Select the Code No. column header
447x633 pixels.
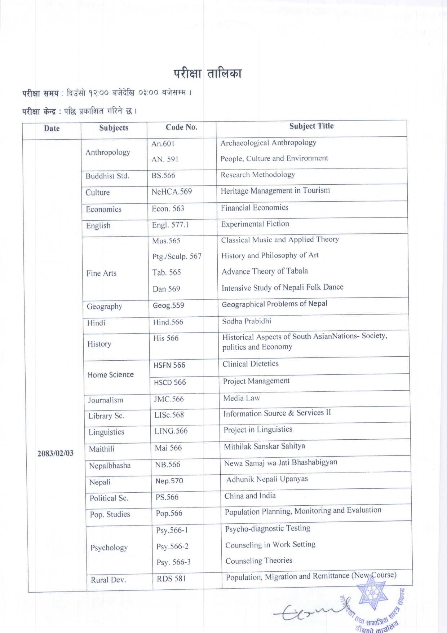pyautogui.click(x=181, y=127)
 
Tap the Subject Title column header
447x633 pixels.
pyautogui.click(x=311, y=126)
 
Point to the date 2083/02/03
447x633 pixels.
pyautogui.click(x=55, y=453)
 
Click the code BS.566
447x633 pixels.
pyautogui.click(x=163, y=176)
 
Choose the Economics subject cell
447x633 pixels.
pyautogui.click(x=103, y=209)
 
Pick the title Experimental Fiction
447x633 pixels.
pyautogui.click(x=255, y=224)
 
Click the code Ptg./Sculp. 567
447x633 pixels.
pyautogui.click(x=177, y=256)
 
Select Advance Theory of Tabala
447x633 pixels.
pyautogui.click(x=265, y=271)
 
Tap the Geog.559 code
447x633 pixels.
pyautogui.click(x=168, y=305)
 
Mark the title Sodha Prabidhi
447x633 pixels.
pyautogui.click(x=247, y=321)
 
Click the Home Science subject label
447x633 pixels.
pyautogui.click(x=111, y=375)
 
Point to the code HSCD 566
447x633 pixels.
pyautogui.click(x=170, y=382)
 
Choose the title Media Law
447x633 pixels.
pyautogui.click(x=242, y=398)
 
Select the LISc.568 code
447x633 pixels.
pyautogui.click(x=169, y=415)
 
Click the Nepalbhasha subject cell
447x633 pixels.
pyautogui.click(x=110, y=466)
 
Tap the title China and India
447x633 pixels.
pyautogui.click(x=250, y=496)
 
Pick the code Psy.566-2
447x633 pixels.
pyautogui.click(x=172, y=547)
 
